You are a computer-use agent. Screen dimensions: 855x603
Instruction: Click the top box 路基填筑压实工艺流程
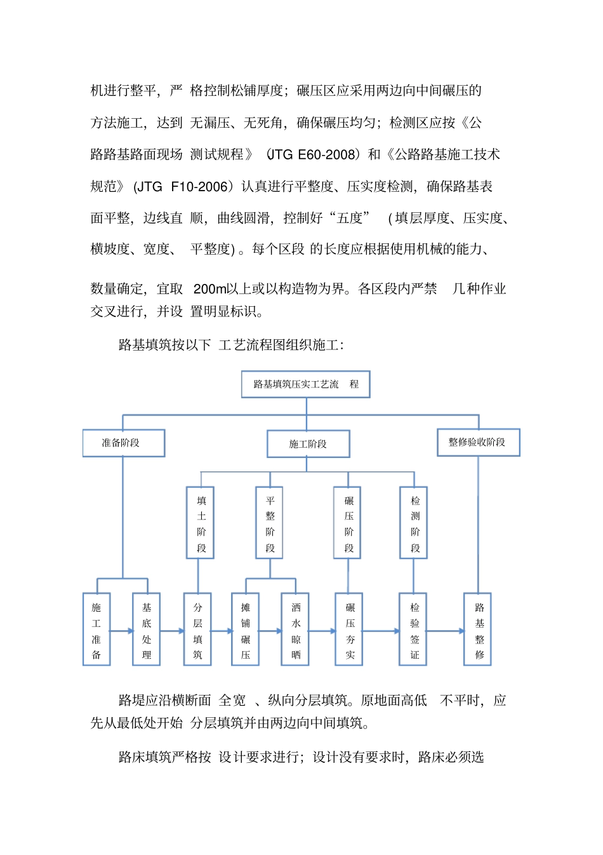pyautogui.click(x=305, y=384)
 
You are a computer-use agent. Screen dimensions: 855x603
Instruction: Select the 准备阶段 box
pyautogui.click(x=123, y=443)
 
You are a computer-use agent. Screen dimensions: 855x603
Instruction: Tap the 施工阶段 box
pyautogui.click(x=308, y=444)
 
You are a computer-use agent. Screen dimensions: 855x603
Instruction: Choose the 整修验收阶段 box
pyautogui.click(x=478, y=442)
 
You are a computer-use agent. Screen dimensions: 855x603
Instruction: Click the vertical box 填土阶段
pyautogui.click(x=201, y=523)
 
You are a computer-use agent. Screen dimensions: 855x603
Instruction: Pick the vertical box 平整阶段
pyautogui.click(x=270, y=523)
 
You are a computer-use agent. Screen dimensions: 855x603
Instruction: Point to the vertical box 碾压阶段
pyautogui.click(x=348, y=523)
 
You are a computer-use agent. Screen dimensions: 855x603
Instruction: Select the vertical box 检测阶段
pyautogui.click(x=414, y=523)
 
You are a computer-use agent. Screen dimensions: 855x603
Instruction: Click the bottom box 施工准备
pyautogui.click(x=96, y=629)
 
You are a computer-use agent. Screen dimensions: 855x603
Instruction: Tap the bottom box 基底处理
pyautogui.click(x=147, y=629)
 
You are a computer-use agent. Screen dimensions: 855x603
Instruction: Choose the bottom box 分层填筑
pyautogui.click(x=197, y=629)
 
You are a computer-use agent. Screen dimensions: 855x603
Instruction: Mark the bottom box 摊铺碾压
pyautogui.click(x=246, y=629)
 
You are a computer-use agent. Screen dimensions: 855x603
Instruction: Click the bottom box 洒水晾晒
pyautogui.click(x=295, y=629)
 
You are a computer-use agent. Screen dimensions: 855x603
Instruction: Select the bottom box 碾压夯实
pyautogui.click(x=349, y=629)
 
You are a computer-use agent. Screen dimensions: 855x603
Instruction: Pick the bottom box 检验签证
pyautogui.click(x=413, y=629)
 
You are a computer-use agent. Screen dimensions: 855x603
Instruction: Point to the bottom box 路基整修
pyautogui.click(x=478, y=629)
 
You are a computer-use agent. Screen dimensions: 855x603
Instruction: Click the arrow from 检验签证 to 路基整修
pyautogui.click(x=446, y=631)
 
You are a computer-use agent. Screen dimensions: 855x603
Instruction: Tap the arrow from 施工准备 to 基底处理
pyautogui.click(x=121, y=631)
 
